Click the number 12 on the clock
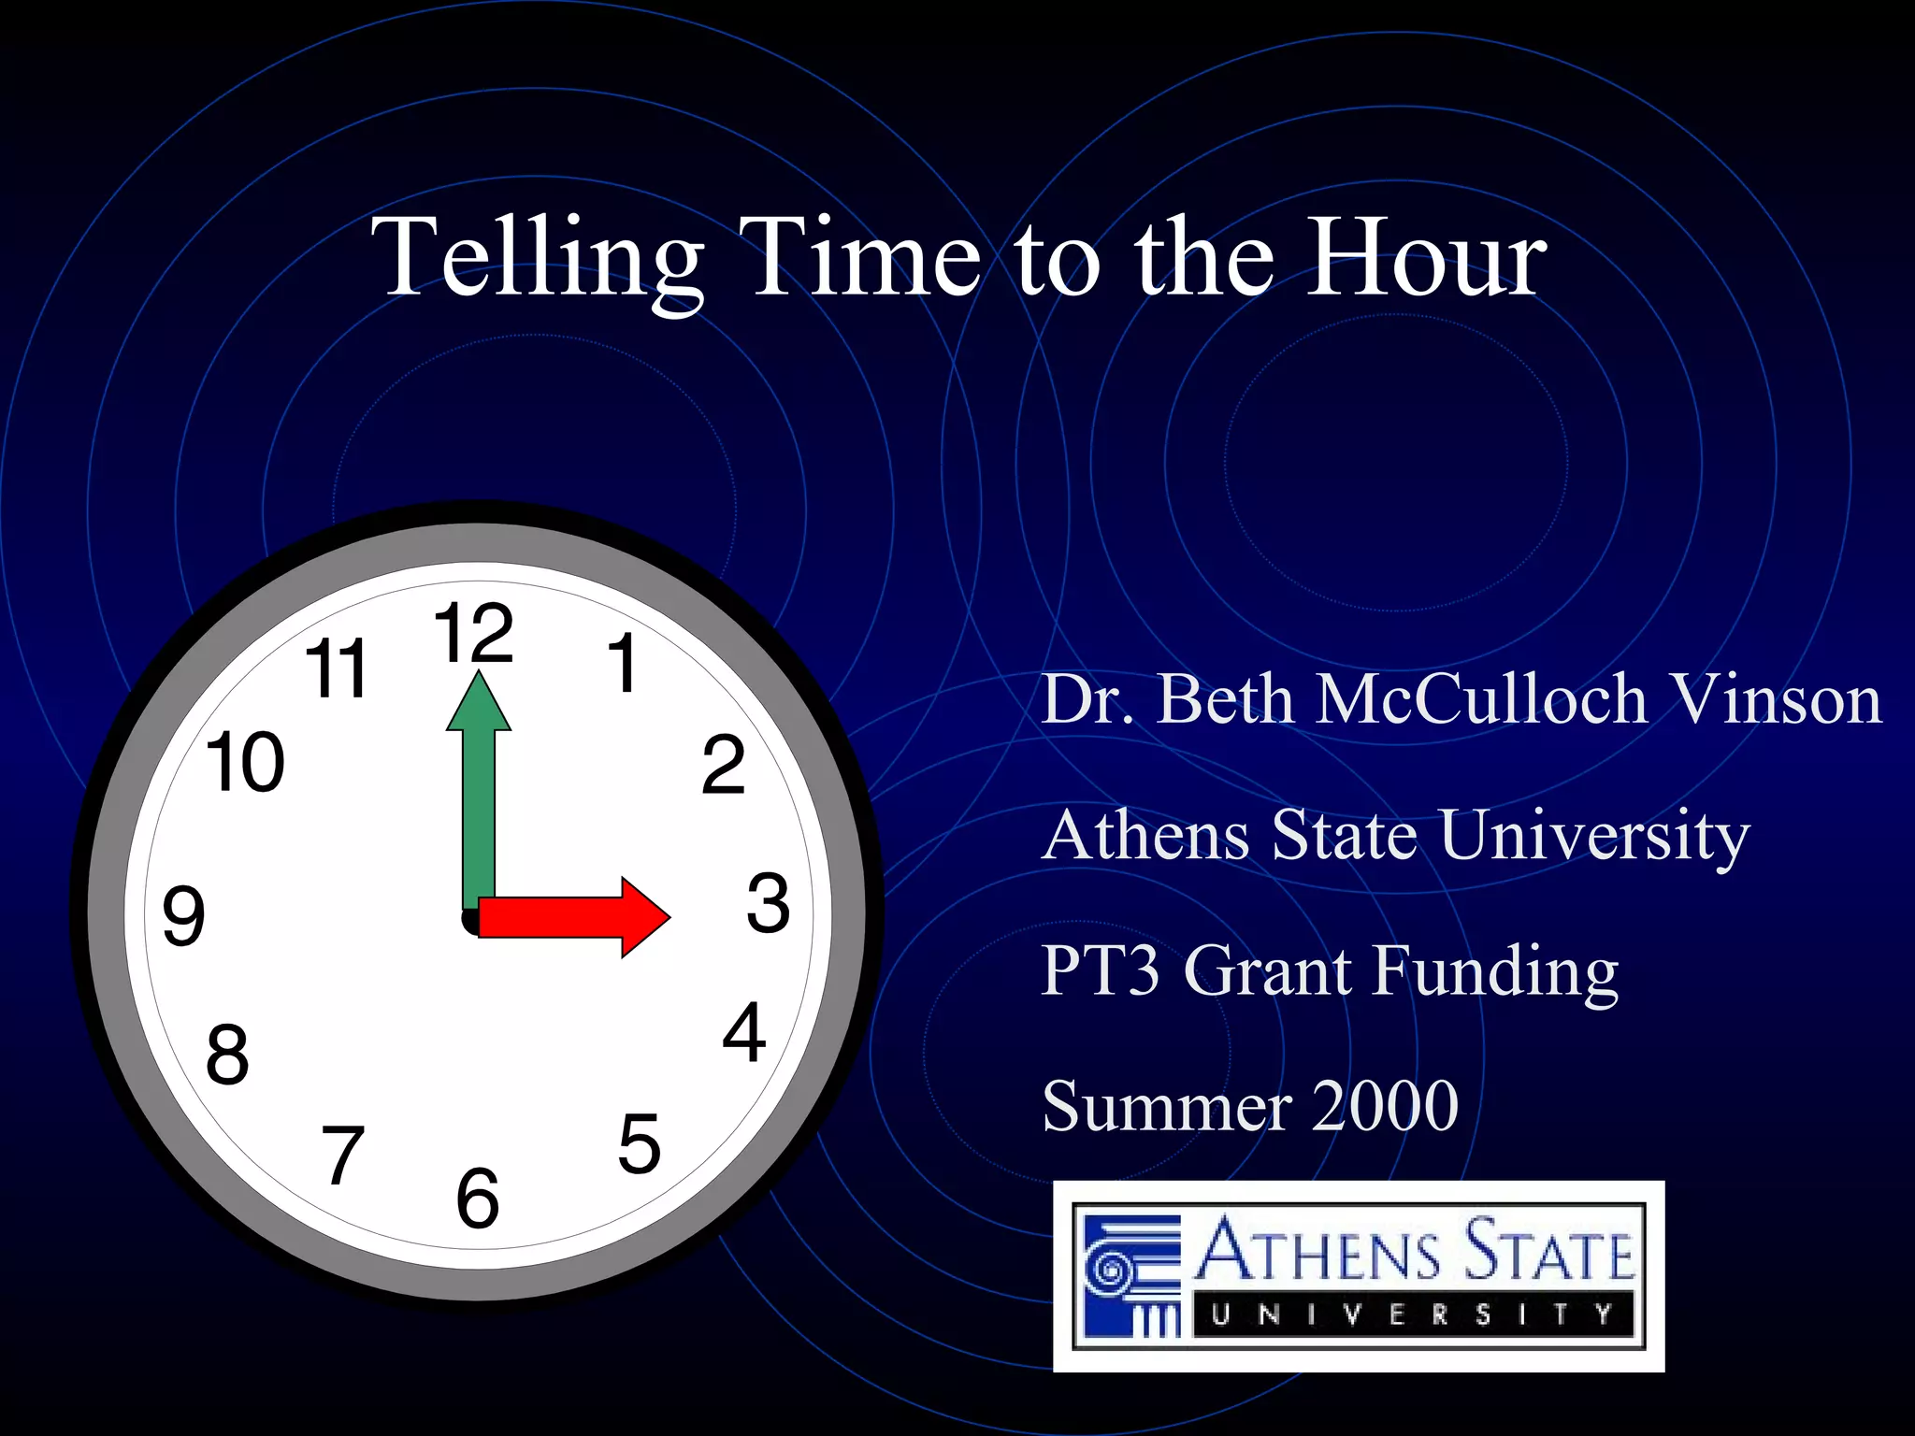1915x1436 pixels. coord(473,633)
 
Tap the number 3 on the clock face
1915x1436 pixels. coord(768,903)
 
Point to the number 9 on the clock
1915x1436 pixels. coord(183,915)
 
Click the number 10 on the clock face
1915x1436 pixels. coord(245,763)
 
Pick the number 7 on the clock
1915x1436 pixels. coord(342,1156)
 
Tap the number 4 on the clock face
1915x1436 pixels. coord(744,1033)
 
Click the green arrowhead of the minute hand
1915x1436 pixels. coord(479,703)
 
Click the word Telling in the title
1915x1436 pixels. coord(537,257)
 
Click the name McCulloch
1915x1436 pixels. coord(1481,698)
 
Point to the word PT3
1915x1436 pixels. coord(1100,969)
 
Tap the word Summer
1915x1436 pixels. coord(1167,1105)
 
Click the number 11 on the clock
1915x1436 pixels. coord(337,668)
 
